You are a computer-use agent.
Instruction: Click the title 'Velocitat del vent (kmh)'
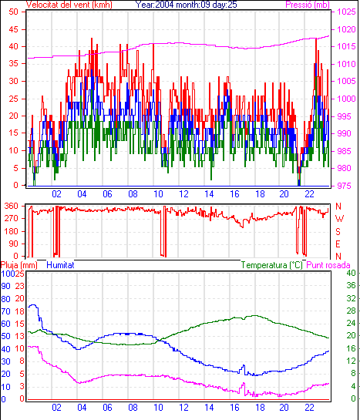(69, 5)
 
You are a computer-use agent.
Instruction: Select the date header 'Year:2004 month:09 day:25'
(187, 5)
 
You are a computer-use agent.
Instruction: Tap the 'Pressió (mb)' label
(308, 5)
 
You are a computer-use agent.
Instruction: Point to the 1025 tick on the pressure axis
(346, 12)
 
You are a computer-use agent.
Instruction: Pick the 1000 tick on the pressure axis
(346, 99)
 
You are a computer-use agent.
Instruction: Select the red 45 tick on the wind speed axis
(13, 29)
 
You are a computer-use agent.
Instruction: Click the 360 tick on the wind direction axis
(12, 207)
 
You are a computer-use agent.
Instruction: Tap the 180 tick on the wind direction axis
(12, 231)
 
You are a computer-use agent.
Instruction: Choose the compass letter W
(339, 219)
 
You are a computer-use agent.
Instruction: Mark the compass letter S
(338, 231)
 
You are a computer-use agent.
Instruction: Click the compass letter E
(338, 244)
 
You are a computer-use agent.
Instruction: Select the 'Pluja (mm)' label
(19, 265)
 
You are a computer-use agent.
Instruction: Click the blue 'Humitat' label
(60, 265)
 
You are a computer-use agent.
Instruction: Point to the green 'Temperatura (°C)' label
(272, 265)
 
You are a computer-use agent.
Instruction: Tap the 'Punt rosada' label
(328, 265)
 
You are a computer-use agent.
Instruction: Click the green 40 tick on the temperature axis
(352, 274)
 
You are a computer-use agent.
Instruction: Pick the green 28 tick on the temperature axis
(352, 311)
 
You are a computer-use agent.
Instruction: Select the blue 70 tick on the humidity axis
(5, 311)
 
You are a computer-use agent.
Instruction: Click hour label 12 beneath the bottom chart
(183, 408)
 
